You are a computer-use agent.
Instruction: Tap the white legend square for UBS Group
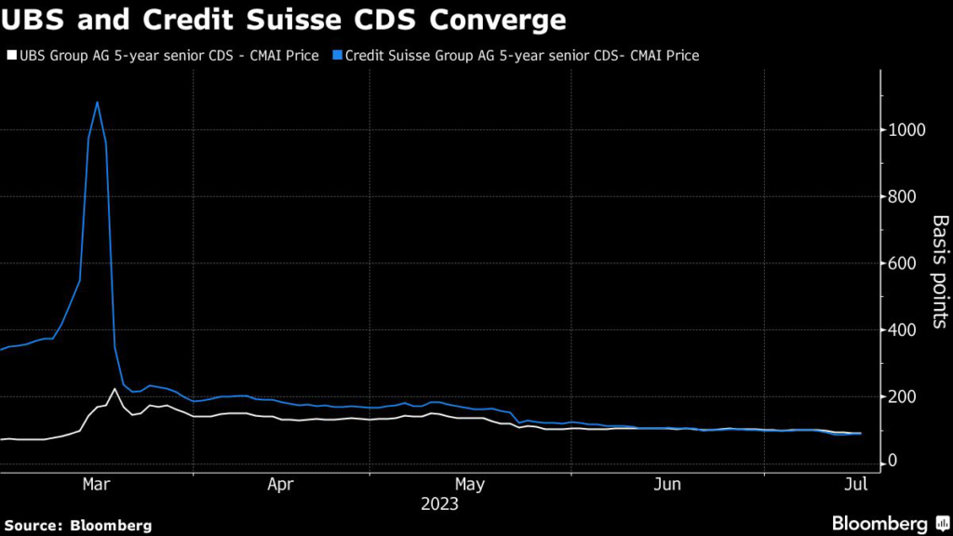tap(10, 56)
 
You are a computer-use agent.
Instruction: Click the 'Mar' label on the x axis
tap(98, 484)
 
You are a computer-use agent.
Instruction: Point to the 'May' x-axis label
tap(470, 484)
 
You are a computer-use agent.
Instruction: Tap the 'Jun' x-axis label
tap(667, 484)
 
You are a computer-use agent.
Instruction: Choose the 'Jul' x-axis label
tap(856, 484)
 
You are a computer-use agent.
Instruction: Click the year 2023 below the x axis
tap(439, 505)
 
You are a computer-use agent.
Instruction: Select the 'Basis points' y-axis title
tap(940, 271)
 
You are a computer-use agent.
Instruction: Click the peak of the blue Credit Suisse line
tap(97, 101)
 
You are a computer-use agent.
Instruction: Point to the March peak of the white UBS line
tap(114, 389)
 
